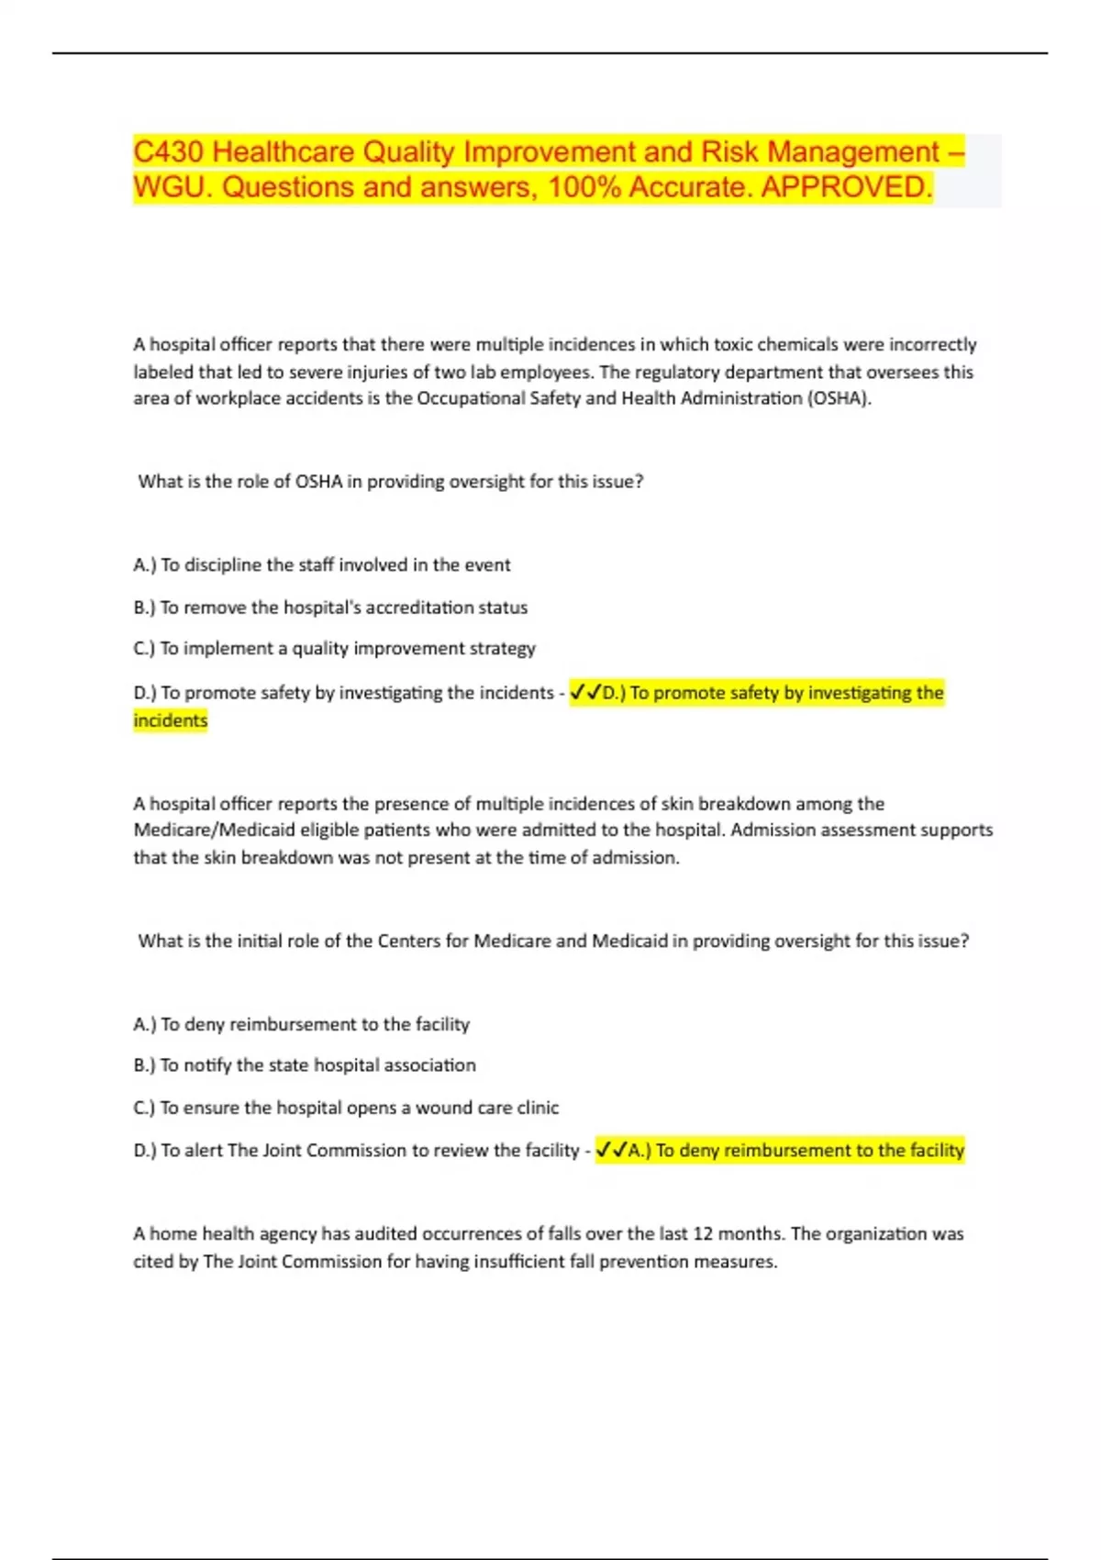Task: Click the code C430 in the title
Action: point(169,151)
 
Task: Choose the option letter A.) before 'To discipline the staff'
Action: point(145,565)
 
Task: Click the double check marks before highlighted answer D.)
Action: point(585,693)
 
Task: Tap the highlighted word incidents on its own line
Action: point(171,720)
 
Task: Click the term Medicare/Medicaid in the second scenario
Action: point(214,830)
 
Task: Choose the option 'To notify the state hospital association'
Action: point(317,1065)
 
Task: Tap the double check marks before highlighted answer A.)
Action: point(611,1151)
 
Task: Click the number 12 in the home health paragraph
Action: point(702,1234)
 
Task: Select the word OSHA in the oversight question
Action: point(318,482)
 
